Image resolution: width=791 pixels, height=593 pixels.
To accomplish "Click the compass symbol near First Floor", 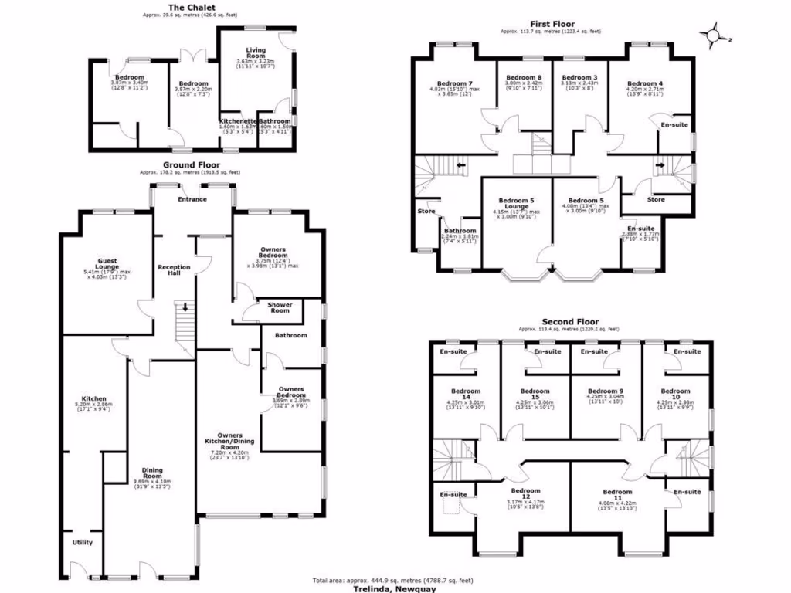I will pos(715,36).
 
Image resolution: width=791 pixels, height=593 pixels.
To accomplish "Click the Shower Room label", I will pos(280,307).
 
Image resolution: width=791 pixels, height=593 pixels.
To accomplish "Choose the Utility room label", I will pos(83,542).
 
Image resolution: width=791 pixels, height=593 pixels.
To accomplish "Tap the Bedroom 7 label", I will pos(454,83).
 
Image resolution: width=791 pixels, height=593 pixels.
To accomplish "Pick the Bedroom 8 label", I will pos(524,78).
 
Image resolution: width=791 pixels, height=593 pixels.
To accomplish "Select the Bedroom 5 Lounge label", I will pos(516,203).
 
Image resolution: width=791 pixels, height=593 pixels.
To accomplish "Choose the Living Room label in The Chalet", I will pos(256,54).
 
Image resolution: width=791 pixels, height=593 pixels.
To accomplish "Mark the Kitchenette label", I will pos(237,121).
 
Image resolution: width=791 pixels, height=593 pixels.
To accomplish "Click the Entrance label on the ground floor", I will pos(192,199).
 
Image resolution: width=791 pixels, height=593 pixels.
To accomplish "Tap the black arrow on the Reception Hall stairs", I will pos(184,307).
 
